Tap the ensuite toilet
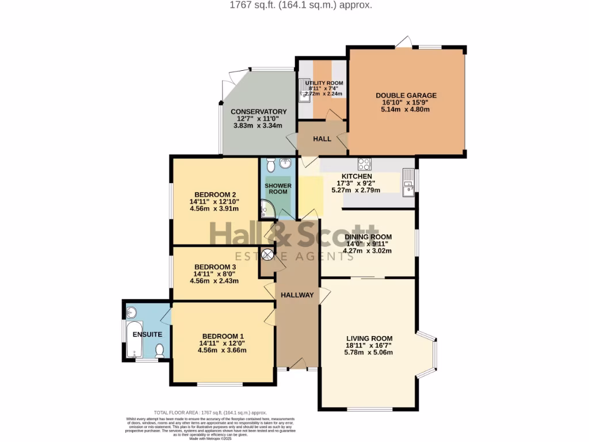coord(160,349)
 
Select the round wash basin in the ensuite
coord(131,313)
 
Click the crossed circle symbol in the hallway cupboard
coord(267,254)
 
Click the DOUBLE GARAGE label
coord(406,96)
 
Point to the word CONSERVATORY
coord(258,112)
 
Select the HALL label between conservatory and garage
coord(322,139)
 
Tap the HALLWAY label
coord(297,295)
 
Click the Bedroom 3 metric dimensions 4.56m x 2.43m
coord(214,281)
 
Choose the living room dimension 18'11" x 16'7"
coord(369,345)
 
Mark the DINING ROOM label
coord(368,237)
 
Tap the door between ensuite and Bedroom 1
coord(167,314)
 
